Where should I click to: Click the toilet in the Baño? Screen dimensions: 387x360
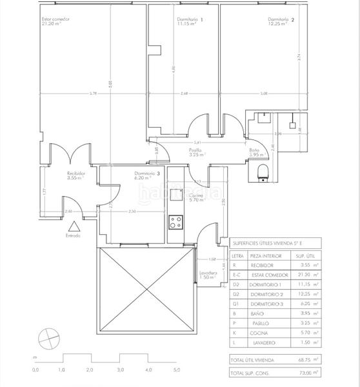[x=263, y=172]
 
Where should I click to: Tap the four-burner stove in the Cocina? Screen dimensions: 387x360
[x=175, y=223]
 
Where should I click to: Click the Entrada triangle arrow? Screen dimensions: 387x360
[x=74, y=226]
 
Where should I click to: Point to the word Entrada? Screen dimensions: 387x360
[x=74, y=236]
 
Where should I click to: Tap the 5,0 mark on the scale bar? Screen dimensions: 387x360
[x=177, y=370]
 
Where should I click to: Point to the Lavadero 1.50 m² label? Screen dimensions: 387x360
[x=208, y=275]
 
